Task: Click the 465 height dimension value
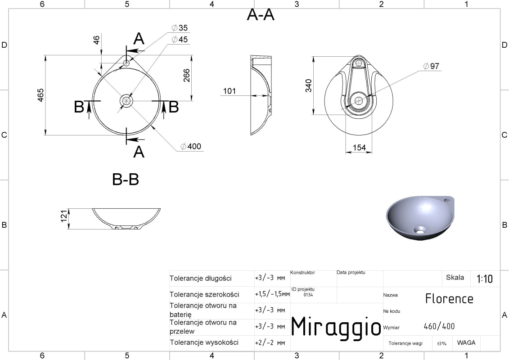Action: point(41,95)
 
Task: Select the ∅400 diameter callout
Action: point(191,146)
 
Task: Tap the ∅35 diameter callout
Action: point(180,28)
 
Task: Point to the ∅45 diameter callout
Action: point(180,40)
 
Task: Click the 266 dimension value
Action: point(187,75)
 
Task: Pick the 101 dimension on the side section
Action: point(230,91)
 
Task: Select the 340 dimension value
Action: point(308,85)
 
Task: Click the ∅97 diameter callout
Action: point(432,66)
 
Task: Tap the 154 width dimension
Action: point(359,148)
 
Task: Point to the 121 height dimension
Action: point(63,216)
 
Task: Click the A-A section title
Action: point(261,15)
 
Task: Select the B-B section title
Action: point(126,179)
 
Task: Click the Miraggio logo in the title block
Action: point(336,327)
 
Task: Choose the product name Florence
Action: point(449,299)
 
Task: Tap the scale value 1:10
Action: point(485,279)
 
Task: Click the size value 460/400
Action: point(439,326)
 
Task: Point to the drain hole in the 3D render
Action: point(419,230)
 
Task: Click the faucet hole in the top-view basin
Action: point(126,63)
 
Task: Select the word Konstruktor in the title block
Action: point(302,273)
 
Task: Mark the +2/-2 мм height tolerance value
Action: point(270,343)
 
